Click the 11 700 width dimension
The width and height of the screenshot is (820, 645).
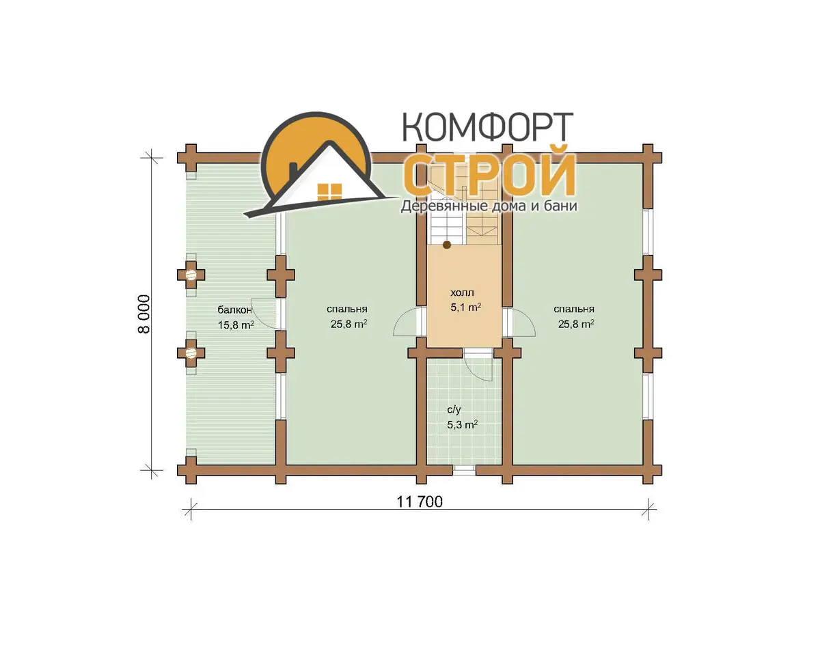420,502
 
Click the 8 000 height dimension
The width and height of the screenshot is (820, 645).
144,314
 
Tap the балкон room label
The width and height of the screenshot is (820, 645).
234,310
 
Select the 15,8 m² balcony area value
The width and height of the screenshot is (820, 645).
236,325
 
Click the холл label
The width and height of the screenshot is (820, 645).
462,292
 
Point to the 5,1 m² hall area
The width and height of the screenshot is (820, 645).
465,307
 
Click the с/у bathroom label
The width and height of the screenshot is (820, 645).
454,409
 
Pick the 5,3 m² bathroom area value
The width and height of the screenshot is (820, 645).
463,424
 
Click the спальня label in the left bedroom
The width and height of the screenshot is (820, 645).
346,310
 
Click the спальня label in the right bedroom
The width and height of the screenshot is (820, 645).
574,310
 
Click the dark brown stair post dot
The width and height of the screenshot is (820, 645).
447,245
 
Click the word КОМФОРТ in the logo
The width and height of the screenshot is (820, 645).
488,127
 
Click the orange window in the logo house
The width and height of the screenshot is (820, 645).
329,192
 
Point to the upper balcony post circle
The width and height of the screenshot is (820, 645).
191,275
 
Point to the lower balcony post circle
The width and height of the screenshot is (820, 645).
191,353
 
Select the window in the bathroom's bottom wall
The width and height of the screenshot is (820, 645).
464,470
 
